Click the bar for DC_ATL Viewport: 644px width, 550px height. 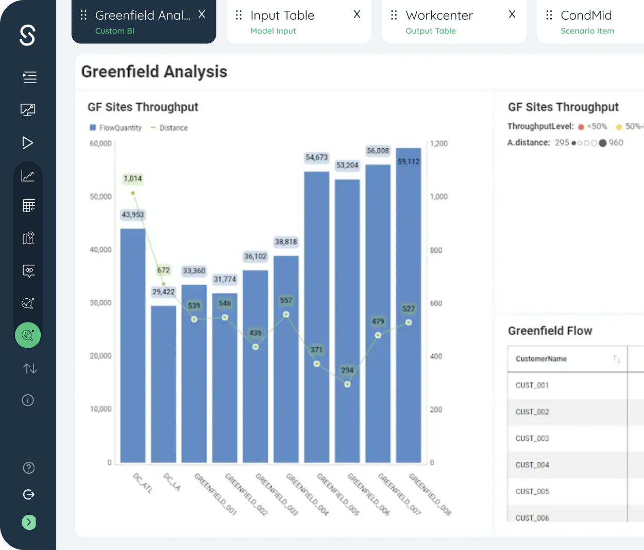133,345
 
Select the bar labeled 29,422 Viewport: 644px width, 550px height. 163,384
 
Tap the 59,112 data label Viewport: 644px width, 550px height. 409,161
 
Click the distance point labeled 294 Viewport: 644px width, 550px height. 347,384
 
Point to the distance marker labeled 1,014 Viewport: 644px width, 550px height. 133,193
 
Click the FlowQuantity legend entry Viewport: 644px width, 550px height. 115,128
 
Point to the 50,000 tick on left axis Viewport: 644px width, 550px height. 100,197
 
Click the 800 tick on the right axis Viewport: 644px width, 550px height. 436,250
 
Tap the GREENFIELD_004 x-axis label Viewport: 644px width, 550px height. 308,494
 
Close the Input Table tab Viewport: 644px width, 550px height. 357,14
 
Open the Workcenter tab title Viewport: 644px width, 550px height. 439,15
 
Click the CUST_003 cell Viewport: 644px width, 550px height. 532,439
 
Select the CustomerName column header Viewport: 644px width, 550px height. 541,359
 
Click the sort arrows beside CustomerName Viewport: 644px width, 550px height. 617,359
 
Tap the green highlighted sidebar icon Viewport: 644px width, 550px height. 28,335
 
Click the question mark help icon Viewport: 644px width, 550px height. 29,467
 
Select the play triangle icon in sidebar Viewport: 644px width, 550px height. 27,142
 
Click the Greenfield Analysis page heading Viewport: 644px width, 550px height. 154,72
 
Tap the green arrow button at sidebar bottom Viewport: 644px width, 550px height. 29,522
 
